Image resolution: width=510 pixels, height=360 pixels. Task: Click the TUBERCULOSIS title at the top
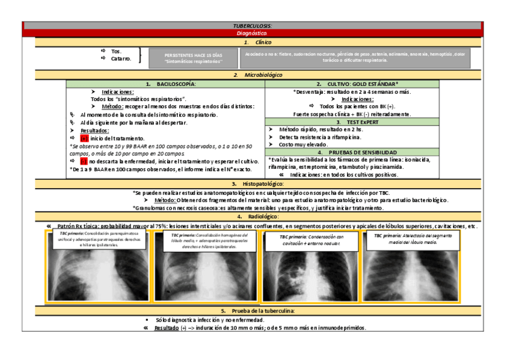coord(252,26)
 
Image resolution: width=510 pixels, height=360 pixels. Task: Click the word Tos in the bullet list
coord(116,52)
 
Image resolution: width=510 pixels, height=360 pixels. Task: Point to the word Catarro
coord(121,59)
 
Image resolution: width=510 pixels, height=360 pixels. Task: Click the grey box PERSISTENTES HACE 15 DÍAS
coord(192,58)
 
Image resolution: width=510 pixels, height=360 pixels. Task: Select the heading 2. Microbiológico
coord(257,75)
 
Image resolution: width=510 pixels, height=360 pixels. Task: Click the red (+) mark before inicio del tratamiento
coord(84,138)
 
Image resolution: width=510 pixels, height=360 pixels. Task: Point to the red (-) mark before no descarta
coord(84,161)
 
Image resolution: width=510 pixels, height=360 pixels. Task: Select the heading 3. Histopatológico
coord(257,183)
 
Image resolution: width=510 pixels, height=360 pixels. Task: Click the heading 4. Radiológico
coord(257,216)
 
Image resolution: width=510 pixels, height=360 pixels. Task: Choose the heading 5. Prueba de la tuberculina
coord(257,311)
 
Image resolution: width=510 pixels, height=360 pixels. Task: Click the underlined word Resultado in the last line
coord(166,328)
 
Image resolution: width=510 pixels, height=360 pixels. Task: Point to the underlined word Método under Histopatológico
coord(165,200)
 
